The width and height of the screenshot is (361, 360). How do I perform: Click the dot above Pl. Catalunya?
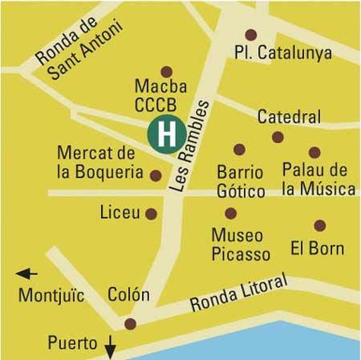(250, 34)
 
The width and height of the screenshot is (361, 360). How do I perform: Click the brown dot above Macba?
(167, 71)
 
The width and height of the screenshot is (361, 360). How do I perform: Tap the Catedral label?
(289, 117)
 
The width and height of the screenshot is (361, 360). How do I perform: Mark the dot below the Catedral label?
(278, 137)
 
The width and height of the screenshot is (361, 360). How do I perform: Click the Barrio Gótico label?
(239, 182)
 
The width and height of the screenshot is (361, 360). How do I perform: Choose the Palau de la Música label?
(318, 180)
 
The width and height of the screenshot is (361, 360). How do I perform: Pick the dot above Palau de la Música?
(314, 152)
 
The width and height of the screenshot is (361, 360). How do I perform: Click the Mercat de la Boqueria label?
(95, 162)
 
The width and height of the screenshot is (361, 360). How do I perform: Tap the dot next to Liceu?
(151, 213)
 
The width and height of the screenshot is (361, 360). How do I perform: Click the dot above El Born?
(320, 226)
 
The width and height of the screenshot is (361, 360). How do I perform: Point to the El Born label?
(318, 249)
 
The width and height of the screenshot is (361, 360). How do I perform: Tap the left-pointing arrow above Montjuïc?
(26, 273)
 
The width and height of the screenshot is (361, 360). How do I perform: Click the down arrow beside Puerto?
(110, 348)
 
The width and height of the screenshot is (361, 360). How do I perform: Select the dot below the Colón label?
(129, 324)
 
